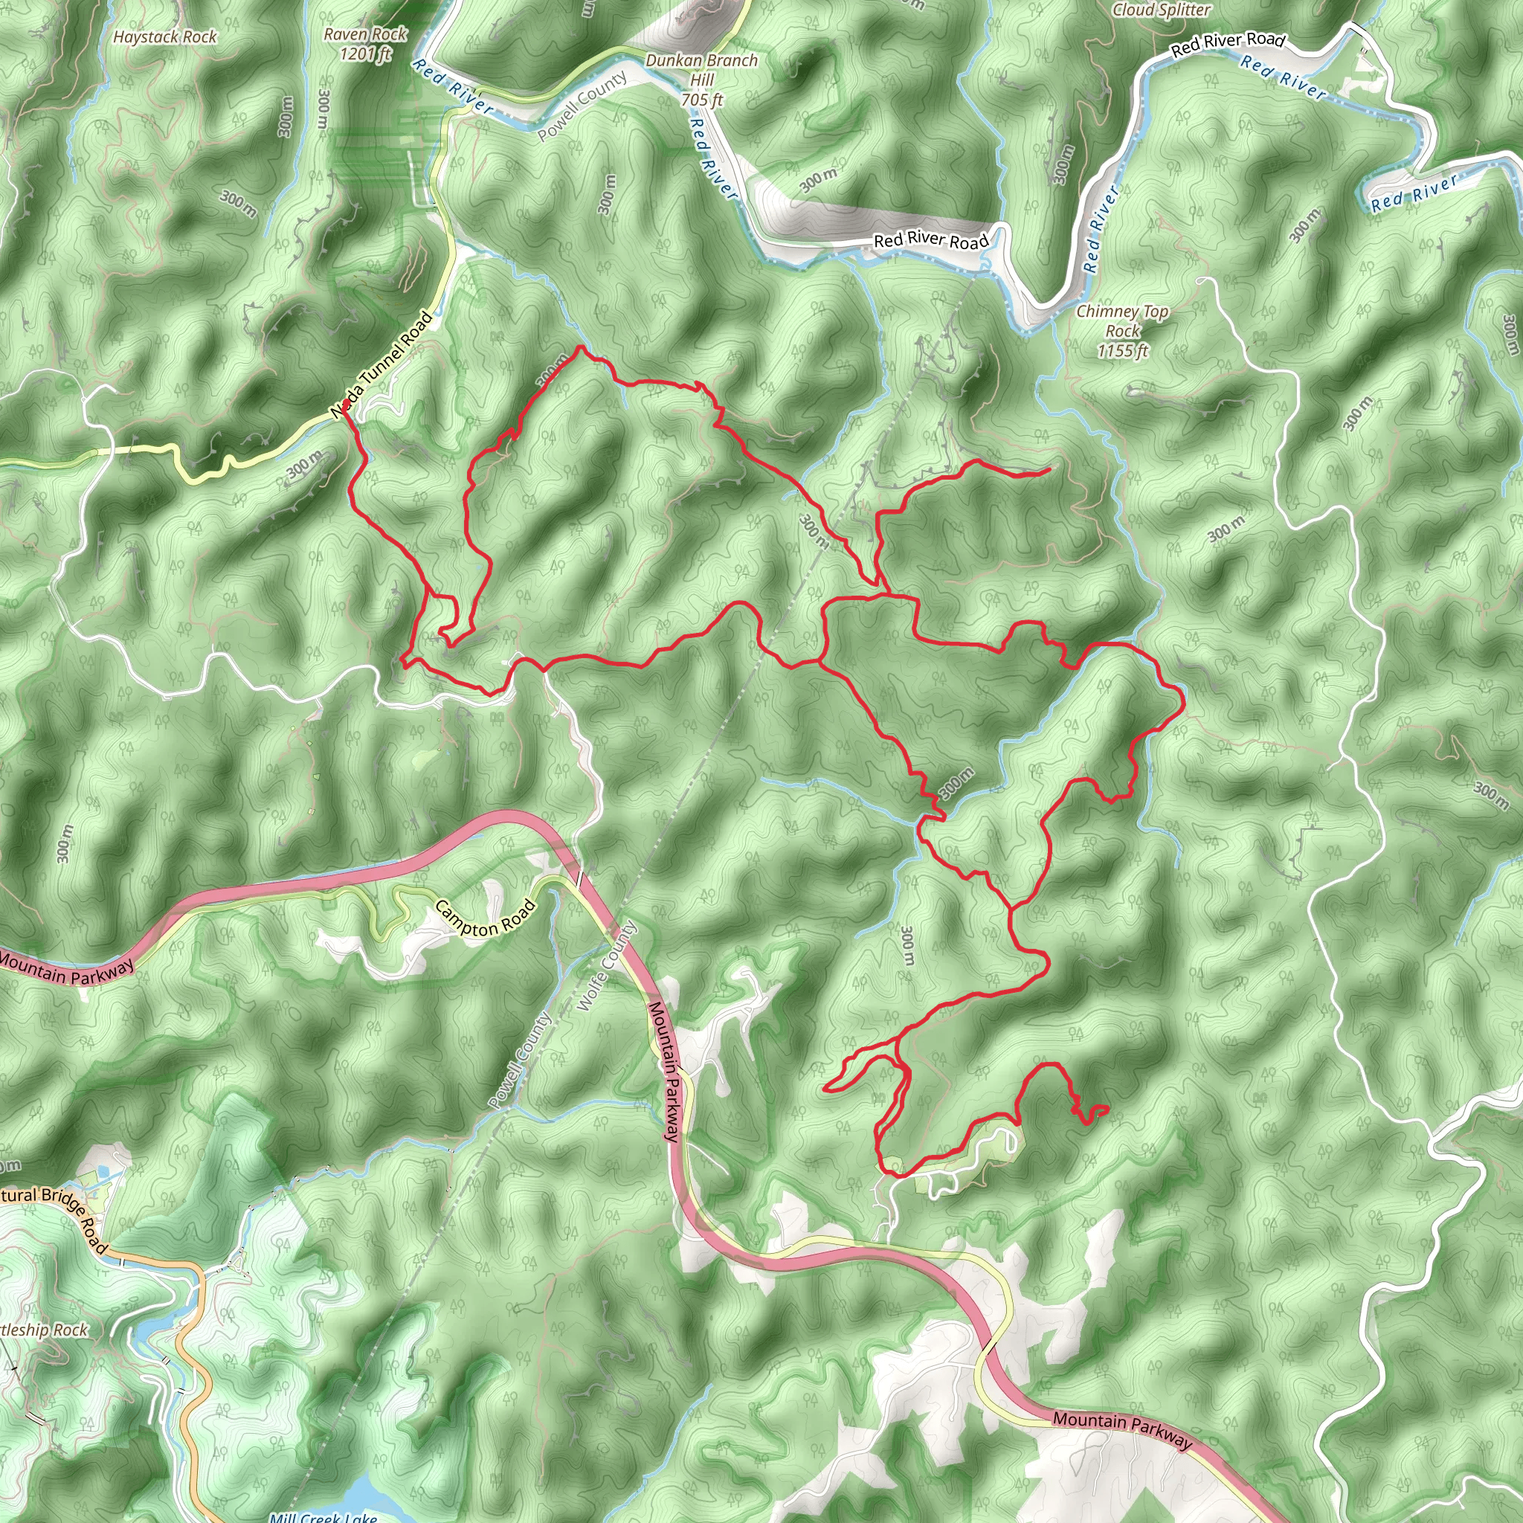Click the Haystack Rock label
tap(165, 37)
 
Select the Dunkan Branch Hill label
tap(701, 69)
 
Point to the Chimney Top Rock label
tap(1122, 321)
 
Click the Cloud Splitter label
tap(1161, 10)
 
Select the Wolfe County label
tap(607, 967)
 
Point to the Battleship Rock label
tap(43, 1330)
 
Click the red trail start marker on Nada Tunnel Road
tap(346, 404)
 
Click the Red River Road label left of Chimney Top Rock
tap(930, 239)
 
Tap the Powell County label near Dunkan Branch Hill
tap(582, 106)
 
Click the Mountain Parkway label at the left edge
tap(66, 968)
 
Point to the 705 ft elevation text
tap(701, 100)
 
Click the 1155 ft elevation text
tap(1122, 351)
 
